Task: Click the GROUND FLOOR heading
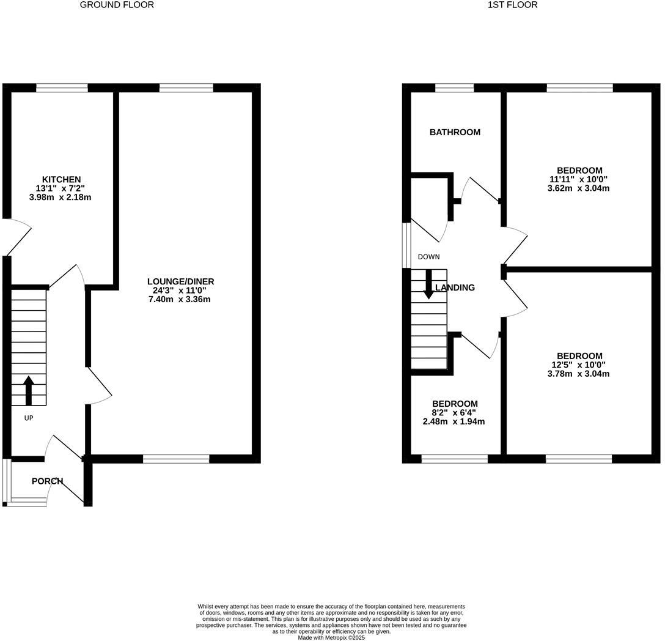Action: (117, 5)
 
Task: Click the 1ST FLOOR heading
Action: (512, 5)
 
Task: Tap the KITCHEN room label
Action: (61, 179)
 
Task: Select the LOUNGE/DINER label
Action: (180, 281)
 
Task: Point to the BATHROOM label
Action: (455, 132)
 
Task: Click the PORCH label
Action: (48, 481)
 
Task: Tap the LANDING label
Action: (455, 287)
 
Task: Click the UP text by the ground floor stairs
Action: (29, 418)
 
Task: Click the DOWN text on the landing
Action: (428, 257)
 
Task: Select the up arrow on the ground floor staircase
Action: (29, 390)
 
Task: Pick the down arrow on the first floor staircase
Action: (428, 284)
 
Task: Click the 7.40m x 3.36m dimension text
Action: (180, 299)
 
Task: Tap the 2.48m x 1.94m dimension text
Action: (454, 421)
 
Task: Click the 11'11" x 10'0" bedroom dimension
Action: (578, 179)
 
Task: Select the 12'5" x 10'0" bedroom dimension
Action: (578, 365)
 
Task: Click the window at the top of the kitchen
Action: (62, 88)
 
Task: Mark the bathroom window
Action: (454, 88)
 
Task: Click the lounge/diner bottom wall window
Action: (176, 459)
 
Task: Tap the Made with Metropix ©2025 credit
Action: (331, 637)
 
